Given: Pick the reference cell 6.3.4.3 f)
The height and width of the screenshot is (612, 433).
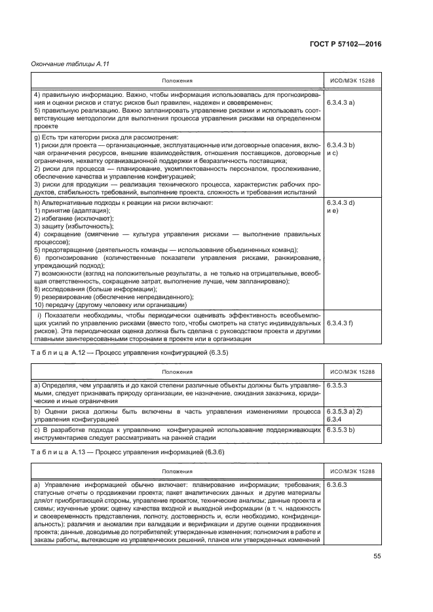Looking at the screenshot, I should pyautogui.click(x=340, y=323).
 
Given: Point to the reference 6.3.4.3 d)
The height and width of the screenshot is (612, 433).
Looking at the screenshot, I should pyautogui.click(x=341, y=203).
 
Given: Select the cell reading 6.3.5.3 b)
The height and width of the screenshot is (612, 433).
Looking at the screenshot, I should pyautogui.click(x=341, y=429).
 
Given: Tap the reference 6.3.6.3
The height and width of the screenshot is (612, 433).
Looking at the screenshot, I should pyautogui.click(x=337, y=485).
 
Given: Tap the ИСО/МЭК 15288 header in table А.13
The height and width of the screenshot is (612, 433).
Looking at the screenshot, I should pyautogui.click(x=351, y=471).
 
